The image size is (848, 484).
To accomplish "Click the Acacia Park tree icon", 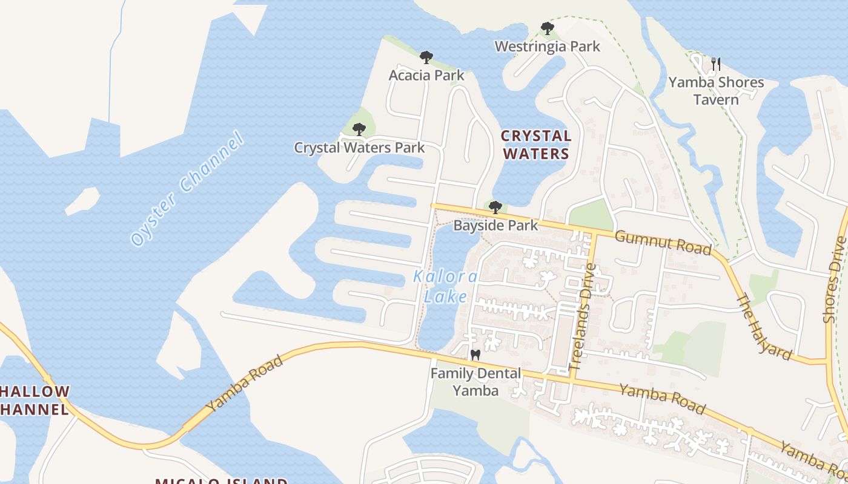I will click(x=426, y=58).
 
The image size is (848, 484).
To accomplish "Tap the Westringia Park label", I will click(x=547, y=47).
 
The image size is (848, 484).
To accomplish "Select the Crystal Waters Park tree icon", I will click(x=359, y=129).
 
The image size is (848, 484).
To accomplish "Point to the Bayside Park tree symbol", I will click(x=495, y=208).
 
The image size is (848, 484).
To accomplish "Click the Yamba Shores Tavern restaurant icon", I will click(x=716, y=64).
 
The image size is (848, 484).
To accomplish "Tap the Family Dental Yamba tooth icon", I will click(x=475, y=355).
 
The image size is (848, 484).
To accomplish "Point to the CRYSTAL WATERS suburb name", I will click(x=536, y=145).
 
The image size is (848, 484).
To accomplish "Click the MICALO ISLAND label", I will click(x=221, y=481).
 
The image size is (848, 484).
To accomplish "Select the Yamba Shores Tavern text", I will click(x=716, y=91).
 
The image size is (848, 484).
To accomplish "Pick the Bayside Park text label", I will click(x=495, y=226).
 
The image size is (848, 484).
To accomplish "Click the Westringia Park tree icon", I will click(x=547, y=28).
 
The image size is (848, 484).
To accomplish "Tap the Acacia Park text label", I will click(x=426, y=76).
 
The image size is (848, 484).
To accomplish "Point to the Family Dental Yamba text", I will click(x=475, y=382).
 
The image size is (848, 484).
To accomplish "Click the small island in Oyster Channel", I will click(x=83, y=200).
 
